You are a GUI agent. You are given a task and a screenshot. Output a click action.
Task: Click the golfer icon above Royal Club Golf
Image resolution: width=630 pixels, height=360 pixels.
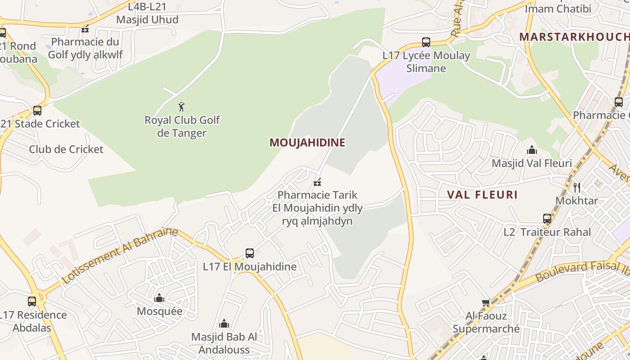click(x=181, y=107)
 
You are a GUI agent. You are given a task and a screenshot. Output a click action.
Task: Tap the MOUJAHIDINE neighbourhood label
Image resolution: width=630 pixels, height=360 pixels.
click(x=307, y=143)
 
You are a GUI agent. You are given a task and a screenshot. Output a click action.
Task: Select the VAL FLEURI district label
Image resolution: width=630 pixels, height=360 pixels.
click(x=482, y=195)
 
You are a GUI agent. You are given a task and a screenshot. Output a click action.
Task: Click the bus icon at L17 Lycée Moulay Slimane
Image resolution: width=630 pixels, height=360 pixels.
click(x=426, y=42)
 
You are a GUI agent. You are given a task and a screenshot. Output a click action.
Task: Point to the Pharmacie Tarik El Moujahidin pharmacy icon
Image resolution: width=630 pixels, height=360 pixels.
click(x=317, y=182)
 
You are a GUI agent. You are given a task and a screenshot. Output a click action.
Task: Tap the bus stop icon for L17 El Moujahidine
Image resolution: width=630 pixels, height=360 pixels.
click(x=250, y=253)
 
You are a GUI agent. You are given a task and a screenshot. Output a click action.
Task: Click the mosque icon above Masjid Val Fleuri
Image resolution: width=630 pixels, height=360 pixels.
click(x=531, y=150)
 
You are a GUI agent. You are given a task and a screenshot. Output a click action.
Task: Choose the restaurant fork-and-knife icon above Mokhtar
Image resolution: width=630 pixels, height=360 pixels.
click(x=577, y=187)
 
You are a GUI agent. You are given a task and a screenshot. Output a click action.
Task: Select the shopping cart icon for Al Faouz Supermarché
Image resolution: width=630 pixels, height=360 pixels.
click(x=486, y=303)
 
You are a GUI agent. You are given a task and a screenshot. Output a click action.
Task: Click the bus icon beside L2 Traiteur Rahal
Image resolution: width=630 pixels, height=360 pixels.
click(x=547, y=219)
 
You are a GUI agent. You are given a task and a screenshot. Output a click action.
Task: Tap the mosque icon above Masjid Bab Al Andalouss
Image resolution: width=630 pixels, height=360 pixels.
click(x=224, y=324)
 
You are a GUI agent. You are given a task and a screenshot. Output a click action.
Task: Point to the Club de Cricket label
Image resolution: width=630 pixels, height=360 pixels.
click(x=66, y=149)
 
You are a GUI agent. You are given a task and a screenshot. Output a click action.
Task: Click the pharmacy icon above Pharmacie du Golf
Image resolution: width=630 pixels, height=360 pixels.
click(x=85, y=29)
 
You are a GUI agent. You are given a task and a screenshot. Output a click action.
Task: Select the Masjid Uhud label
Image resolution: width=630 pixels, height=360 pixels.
click(x=147, y=20)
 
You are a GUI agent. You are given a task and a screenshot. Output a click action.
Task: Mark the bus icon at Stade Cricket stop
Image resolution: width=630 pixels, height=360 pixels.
click(x=37, y=111)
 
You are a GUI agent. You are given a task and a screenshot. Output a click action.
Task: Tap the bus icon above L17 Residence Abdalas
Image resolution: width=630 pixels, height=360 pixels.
click(x=32, y=301)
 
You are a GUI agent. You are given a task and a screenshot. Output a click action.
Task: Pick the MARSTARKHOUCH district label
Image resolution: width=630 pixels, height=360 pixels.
click(x=574, y=37)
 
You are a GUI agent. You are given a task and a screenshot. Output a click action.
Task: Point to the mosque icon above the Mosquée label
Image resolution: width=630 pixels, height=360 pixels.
click(x=159, y=298)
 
